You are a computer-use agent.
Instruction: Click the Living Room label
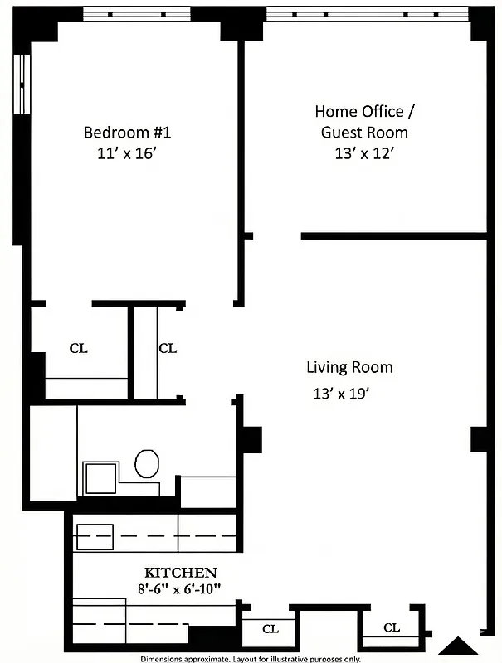click(x=349, y=367)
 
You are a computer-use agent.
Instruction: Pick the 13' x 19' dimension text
click(x=340, y=394)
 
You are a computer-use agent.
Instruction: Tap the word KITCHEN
click(x=181, y=573)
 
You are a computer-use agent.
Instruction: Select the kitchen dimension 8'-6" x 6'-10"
click(x=181, y=588)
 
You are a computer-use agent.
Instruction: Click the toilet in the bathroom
click(x=148, y=463)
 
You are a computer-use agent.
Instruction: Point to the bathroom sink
click(x=102, y=478)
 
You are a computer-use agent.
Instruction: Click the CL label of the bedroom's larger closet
click(x=79, y=348)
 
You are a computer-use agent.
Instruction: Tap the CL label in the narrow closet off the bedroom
click(x=168, y=348)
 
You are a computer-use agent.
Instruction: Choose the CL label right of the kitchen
click(x=270, y=629)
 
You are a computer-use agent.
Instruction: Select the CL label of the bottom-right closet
click(x=392, y=627)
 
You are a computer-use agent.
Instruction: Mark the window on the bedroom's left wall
click(x=22, y=83)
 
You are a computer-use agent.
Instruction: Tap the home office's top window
click(x=368, y=13)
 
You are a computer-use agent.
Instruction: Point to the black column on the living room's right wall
click(x=479, y=439)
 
